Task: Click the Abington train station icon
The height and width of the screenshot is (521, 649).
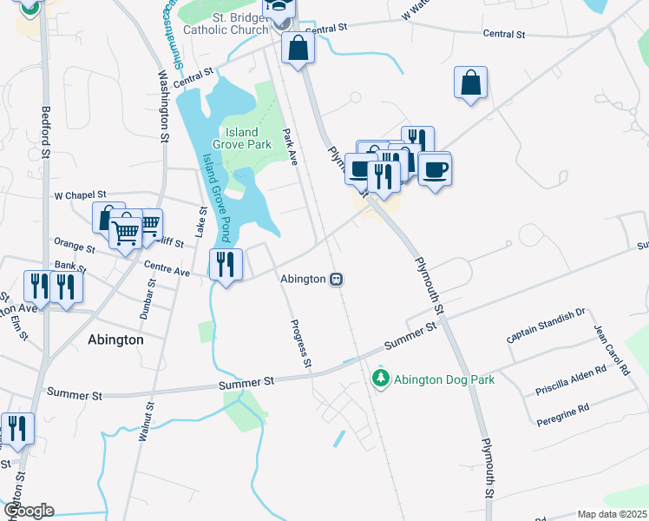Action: pos(337,280)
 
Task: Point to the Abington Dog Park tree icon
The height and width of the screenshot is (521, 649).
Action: pos(380,378)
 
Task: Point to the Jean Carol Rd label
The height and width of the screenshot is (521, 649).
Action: pos(612,349)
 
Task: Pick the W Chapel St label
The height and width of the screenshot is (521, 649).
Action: pos(80,195)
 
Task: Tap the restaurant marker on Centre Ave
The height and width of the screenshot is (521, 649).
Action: pos(226,264)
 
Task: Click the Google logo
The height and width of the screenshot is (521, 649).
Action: pos(29,511)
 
